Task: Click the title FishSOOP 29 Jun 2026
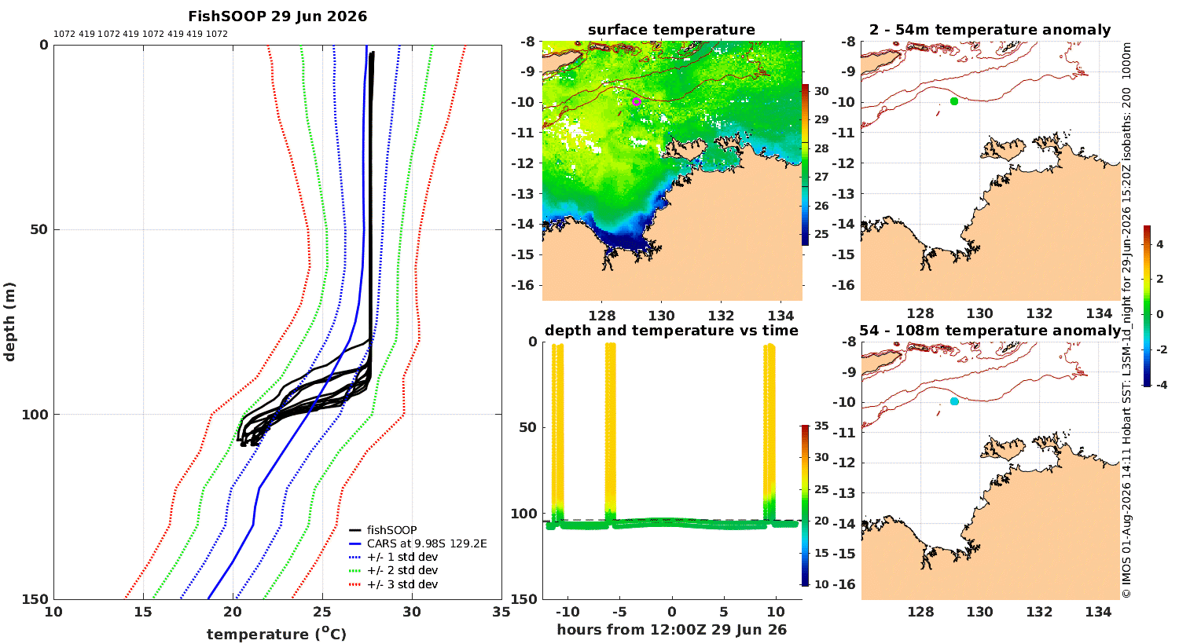point(277,16)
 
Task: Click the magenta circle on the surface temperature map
point(637,101)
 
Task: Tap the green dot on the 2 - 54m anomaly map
point(954,101)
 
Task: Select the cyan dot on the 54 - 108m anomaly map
point(954,401)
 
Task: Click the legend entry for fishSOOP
point(384,530)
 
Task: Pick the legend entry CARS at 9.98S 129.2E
point(418,543)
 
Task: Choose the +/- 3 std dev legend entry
point(393,584)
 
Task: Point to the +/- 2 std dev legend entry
point(393,570)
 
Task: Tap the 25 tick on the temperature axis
point(322,612)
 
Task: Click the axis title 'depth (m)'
point(9,322)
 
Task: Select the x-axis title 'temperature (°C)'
point(277,634)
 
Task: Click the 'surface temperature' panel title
point(671,30)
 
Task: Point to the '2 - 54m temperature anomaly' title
point(990,30)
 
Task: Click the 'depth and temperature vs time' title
point(671,331)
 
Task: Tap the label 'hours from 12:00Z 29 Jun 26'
point(671,630)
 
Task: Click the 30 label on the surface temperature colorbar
point(821,91)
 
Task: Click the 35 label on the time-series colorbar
point(821,426)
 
